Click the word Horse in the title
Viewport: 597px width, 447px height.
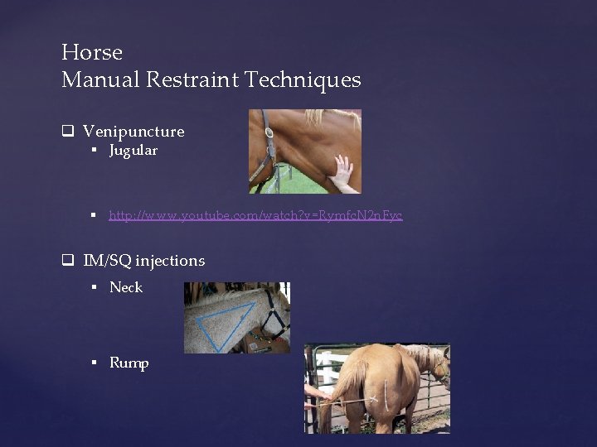[x=92, y=52]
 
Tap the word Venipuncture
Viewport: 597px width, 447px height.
[x=133, y=132]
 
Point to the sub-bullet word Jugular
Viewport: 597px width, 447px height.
[x=133, y=151]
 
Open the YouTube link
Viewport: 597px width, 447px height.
[x=255, y=215]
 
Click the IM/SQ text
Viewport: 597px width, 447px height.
[x=107, y=261]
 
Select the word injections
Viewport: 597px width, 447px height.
[x=170, y=261]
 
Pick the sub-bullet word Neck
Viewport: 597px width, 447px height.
[x=126, y=287]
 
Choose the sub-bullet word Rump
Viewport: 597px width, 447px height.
[x=129, y=363]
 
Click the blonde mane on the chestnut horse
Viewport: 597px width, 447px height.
[x=332, y=118]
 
